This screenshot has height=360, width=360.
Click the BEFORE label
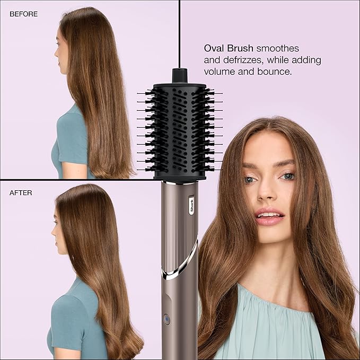point(24,14)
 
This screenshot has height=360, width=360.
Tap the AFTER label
point(21,193)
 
